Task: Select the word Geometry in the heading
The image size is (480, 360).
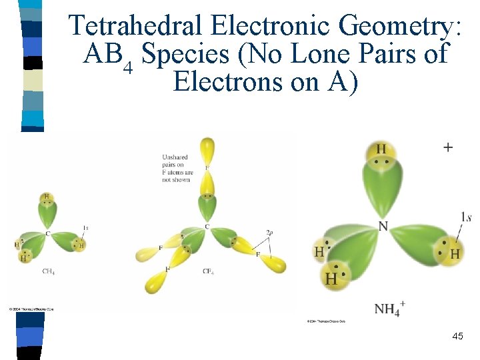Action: pos(399,26)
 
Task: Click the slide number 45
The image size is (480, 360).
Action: pos(457,337)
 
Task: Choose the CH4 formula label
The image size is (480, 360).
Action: pos(48,271)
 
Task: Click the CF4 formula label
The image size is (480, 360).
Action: pos(209,271)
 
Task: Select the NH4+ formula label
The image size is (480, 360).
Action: pos(389,308)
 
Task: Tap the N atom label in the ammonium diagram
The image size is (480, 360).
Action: pos(383,226)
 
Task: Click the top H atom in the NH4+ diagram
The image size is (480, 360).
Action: pos(381,149)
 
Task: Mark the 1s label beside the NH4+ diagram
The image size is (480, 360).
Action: pos(466,217)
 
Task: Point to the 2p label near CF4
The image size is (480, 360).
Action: pos(269,232)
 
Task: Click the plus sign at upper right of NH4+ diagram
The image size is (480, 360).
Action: pos(447,147)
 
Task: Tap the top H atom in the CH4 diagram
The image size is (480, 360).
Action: pos(46,197)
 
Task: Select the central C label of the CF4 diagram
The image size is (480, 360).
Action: pos(207,227)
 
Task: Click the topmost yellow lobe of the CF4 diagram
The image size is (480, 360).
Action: pos(207,149)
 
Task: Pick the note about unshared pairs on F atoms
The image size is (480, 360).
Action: pos(175,168)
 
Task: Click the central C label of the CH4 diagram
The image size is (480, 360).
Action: pos(47,233)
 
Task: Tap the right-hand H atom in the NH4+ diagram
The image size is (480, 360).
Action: pos(455,253)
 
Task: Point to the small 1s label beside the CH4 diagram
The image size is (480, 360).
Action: pos(85,228)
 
